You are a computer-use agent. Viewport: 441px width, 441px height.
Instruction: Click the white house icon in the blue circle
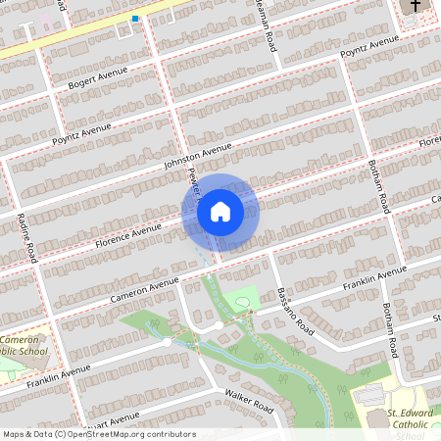click(x=220, y=212)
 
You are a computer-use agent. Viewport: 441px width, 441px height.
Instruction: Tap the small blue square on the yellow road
click(x=135, y=19)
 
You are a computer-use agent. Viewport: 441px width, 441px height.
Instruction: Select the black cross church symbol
click(x=415, y=8)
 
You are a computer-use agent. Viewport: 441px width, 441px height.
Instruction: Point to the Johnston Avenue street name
click(x=198, y=156)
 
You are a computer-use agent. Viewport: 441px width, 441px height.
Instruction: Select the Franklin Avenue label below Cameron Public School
click(x=59, y=374)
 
